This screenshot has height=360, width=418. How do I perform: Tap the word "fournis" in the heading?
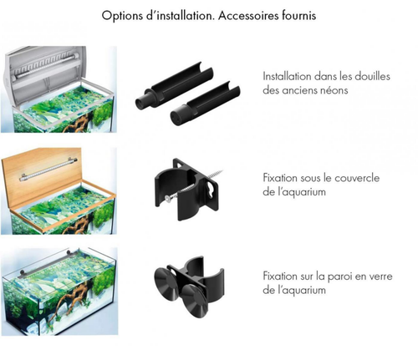tap(298, 16)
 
